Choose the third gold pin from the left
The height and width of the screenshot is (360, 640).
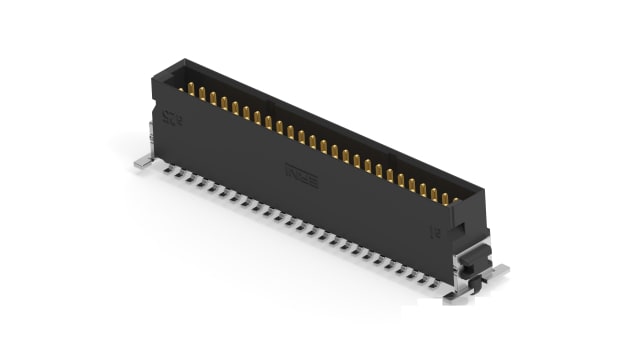tap(214, 99)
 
